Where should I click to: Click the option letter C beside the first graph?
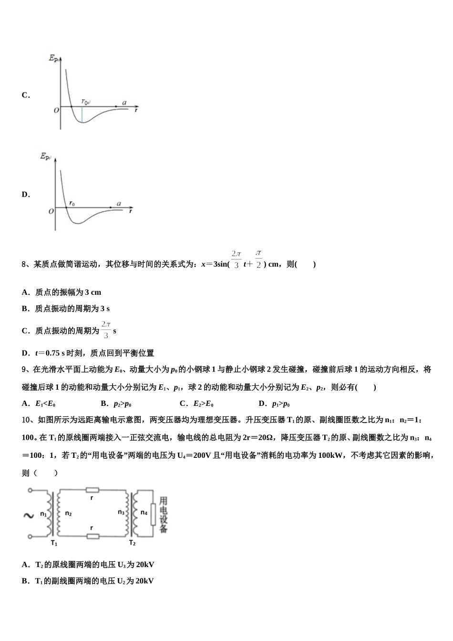click(25, 95)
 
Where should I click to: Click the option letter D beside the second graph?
click(25, 195)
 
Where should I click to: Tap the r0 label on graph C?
click(85, 102)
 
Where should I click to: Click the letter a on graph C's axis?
click(124, 103)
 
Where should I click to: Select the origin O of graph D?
click(51, 211)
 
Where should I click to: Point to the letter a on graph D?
click(119, 204)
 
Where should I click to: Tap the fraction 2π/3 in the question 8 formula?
click(237, 259)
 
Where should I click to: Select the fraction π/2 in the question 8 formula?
click(258, 259)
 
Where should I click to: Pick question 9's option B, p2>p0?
click(122, 404)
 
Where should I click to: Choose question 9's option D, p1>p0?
click(280, 404)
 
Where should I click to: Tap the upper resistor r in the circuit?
click(92, 490)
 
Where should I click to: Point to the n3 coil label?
click(121, 512)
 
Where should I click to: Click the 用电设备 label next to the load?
click(163, 515)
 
